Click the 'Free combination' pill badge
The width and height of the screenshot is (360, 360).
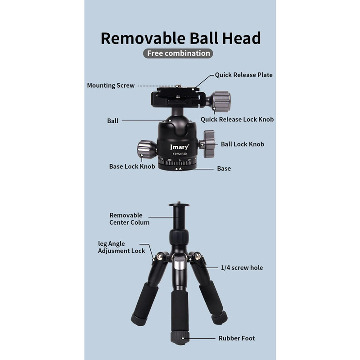click(x=178, y=53)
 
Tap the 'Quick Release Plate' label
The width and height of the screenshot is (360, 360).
click(x=243, y=75)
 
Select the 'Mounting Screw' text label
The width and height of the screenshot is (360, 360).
click(x=111, y=85)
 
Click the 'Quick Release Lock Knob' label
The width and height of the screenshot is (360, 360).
click(x=237, y=119)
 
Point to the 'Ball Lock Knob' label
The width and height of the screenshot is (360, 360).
click(x=243, y=144)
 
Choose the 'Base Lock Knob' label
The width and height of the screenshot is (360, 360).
click(x=132, y=166)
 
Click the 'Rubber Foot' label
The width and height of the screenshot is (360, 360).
click(x=237, y=338)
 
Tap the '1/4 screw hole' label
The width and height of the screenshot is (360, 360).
click(x=242, y=268)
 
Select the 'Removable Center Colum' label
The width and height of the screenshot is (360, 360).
click(x=129, y=219)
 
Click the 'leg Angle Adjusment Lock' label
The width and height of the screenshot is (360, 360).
click(x=121, y=247)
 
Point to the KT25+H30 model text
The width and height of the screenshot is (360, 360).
click(x=180, y=154)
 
